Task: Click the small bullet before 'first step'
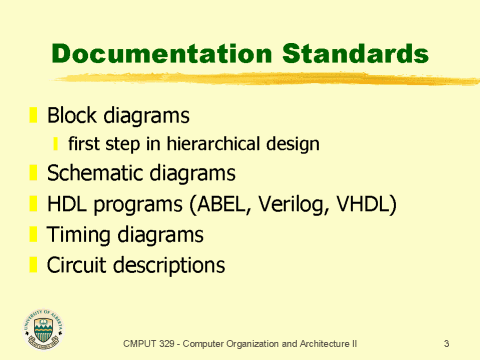coord(57,144)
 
